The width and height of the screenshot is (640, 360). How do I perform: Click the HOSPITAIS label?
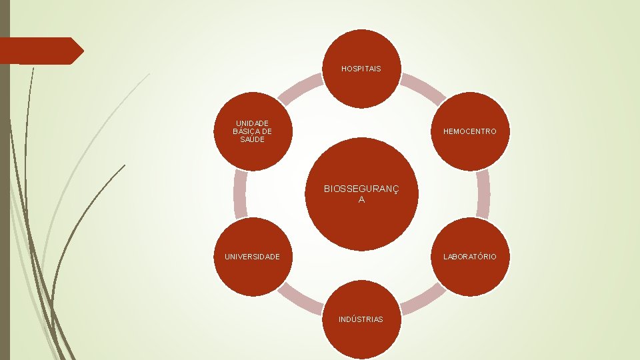(361, 69)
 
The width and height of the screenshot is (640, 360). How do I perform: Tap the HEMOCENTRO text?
(470, 131)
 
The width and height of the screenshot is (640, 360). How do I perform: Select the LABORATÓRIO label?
(470, 257)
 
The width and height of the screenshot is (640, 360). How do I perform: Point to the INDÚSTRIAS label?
(361, 319)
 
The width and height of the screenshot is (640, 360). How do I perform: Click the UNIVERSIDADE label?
(253, 257)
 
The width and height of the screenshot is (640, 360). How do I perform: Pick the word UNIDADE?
(253, 123)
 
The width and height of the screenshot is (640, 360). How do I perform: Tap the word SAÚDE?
(253, 139)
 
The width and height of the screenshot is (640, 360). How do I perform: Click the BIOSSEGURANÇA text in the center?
(361, 189)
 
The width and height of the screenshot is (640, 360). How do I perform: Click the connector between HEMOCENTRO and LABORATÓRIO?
(483, 194)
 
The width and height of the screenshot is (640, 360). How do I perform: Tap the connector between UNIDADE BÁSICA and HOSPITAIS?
(300, 89)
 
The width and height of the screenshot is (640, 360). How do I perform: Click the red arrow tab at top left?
(40, 51)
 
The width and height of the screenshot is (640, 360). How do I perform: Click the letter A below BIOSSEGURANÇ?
(361, 199)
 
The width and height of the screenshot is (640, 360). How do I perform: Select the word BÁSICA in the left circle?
(253, 131)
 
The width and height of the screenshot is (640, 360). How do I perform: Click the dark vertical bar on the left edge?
(5, 200)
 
